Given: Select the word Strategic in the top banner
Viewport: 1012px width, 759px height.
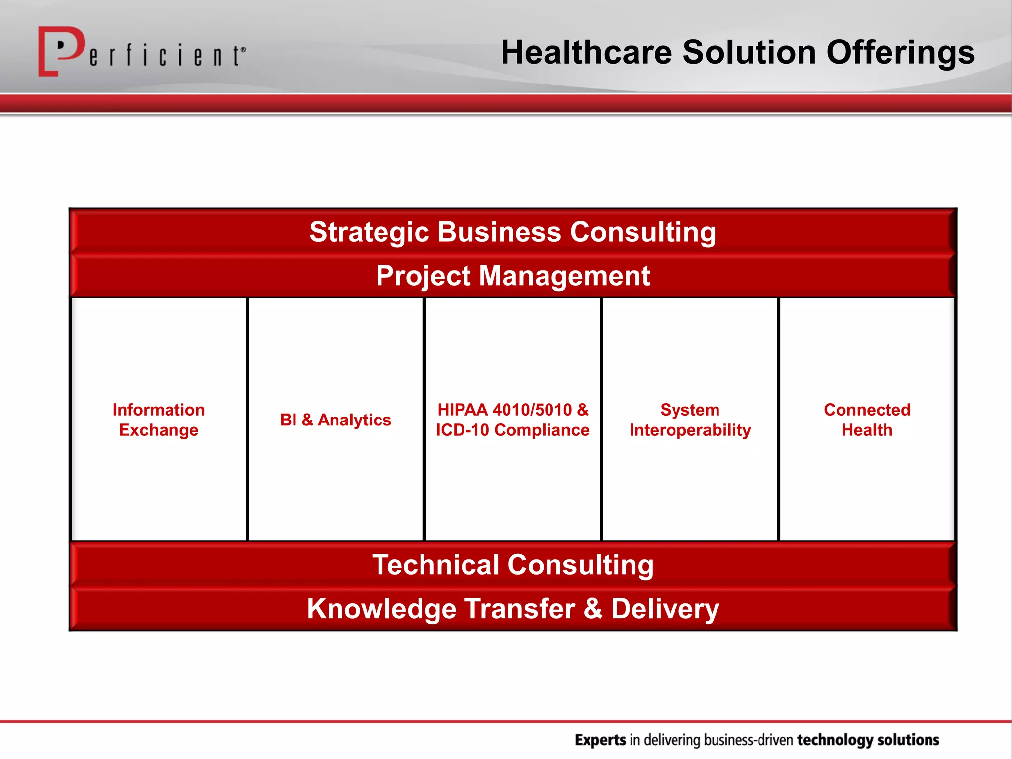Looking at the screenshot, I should click(369, 232).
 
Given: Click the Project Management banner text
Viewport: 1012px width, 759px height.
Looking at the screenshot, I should click(512, 276).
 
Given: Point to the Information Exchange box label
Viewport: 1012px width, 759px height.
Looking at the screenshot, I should click(159, 420).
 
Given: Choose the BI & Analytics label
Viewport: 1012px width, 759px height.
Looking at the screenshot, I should click(336, 420).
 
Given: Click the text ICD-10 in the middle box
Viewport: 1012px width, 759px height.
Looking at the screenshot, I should click(462, 430).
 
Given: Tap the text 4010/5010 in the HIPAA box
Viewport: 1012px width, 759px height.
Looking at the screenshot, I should click(532, 410).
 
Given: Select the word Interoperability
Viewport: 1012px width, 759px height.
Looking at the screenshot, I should click(690, 430).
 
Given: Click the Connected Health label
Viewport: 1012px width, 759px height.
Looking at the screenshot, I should click(867, 420).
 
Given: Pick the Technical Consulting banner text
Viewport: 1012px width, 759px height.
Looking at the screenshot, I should click(512, 565).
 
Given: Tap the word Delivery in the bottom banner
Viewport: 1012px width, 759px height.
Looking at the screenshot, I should click(665, 608).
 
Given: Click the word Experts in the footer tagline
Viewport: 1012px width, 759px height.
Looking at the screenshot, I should click(600, 740).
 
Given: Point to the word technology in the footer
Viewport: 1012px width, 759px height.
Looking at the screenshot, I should click(835, 740).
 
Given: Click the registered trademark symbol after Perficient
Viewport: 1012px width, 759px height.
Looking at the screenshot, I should click(243, 49).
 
